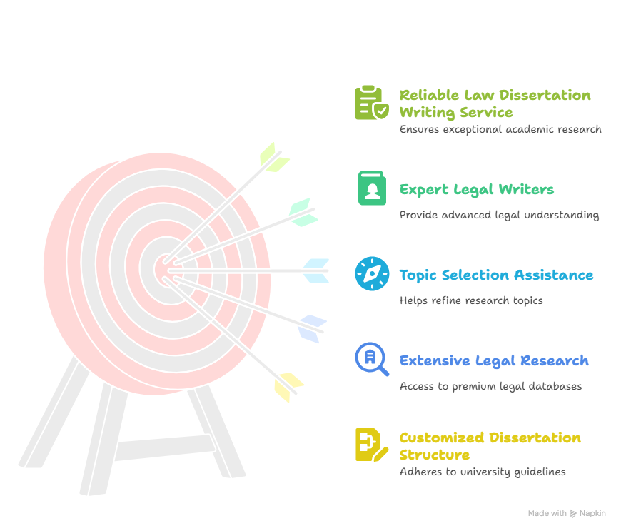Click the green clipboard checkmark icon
tap(371, 103)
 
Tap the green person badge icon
tap(372, 188)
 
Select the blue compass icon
tap(372, 273)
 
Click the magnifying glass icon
tap(371, 359)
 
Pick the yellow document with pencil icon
tap(371, 445)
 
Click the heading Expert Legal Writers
tap(476, 190)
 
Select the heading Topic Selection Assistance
tap(496, 275)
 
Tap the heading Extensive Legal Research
tap(494, 360)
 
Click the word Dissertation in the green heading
tap(545, 95)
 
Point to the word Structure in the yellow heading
tap(435, 455)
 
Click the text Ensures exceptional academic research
tap(500, 129)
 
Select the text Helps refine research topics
tap(471, 300)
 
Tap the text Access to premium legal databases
tap(490, 386)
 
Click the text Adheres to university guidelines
tap(483, 472)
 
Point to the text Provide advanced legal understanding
tap(499, 215)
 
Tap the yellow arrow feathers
tap(288, 387)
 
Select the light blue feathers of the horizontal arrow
tap(316, 270)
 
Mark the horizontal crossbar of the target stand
tap(165, 447)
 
